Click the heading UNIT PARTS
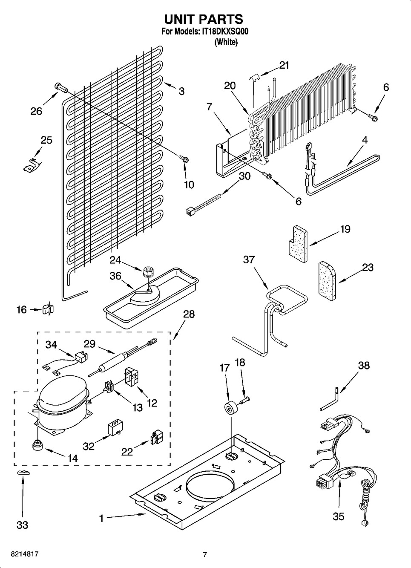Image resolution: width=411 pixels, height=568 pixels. point(204,19)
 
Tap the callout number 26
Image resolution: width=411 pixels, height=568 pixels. point(36,111)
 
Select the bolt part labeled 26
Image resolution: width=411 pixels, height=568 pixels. point(61,88)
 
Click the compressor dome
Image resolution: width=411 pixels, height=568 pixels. point(62,397)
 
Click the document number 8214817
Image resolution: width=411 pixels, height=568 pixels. point(21,554)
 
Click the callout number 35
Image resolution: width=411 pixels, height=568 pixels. point(338,516)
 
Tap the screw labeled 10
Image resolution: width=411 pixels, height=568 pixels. point(184,159)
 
